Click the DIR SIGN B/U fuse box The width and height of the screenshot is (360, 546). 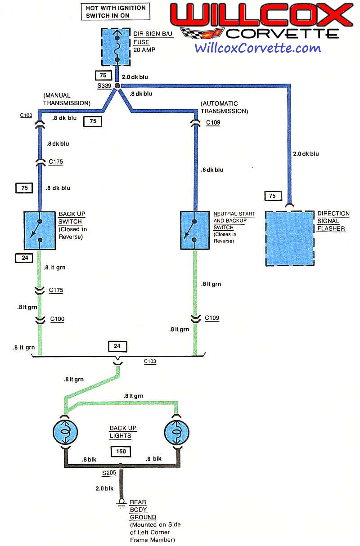coord(117,47)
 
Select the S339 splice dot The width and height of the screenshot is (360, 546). coord(117,85)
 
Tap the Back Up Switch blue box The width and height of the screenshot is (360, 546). coord(40,230)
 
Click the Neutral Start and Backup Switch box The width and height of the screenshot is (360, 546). coord(194,230)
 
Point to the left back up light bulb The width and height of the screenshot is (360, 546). coord(66,432)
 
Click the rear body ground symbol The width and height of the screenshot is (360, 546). coord(121,503)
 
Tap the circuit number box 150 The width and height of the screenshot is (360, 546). coord(121,452)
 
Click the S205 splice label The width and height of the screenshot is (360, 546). coord(110,473)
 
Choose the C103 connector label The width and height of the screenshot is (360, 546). coord(150,361)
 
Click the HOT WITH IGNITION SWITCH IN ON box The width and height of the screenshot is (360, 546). coord(116,11)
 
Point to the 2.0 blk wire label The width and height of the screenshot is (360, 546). coord(103,488)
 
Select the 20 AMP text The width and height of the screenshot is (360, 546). coord(144,49)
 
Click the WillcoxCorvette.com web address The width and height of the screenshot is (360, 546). coord(258,48)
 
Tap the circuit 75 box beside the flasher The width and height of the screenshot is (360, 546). coord(272,196)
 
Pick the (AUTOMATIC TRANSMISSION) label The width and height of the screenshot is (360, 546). coord(224,107)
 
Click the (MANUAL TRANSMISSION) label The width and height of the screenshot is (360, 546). coord(67,99)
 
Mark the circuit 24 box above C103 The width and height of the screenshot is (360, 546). coord(117,346)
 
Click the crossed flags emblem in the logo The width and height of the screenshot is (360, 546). coord(201,33)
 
